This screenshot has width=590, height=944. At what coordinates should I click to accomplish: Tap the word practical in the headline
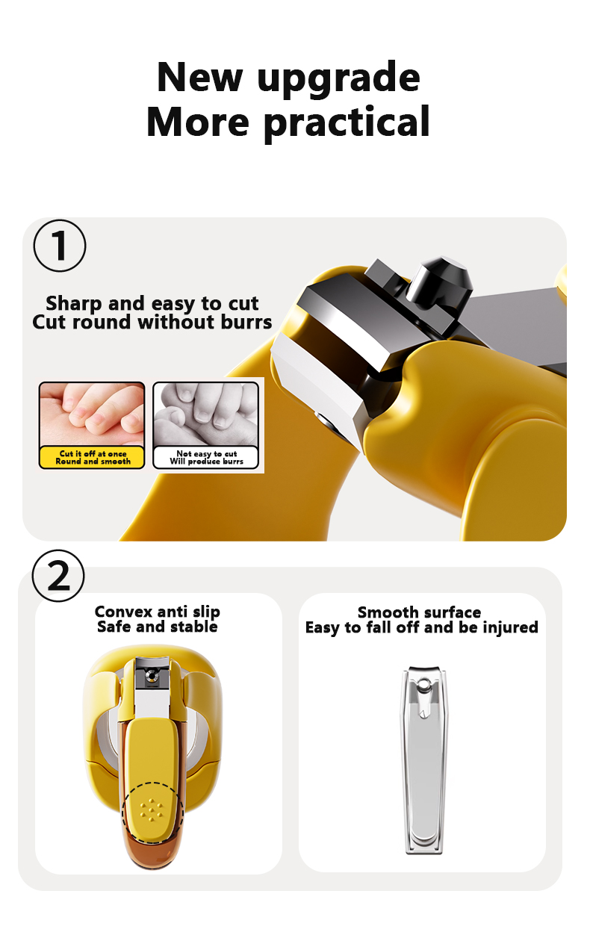click(x=347, y=122)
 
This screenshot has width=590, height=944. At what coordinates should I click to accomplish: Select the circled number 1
click(x=60, y=246)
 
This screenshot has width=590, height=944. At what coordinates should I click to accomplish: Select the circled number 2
click(x=59, y=575)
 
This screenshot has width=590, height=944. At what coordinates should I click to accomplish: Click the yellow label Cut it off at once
click(x=93, y=457)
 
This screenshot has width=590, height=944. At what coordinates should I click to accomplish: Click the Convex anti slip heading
click(x=157, y=612)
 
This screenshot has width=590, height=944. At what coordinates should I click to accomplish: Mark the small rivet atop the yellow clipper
click(x=152, y=676)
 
